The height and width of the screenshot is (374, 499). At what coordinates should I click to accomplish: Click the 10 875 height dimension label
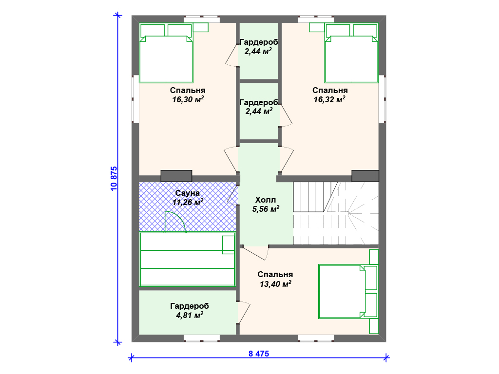pyautogui.click(x=114, y=178)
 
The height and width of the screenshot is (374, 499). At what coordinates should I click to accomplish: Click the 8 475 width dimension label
pyautogui.click(x=259, y=354)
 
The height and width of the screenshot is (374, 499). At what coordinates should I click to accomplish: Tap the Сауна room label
pyautogui.click(x=188, y=193)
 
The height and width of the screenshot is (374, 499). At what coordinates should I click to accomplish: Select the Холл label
pyautogui.click(x=266, y=200)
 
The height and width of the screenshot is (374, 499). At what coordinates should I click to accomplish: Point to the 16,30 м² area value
pyautogui.click(x=188, y=99)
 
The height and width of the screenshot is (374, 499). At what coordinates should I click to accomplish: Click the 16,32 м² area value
pyautogui.click(x=329, y=99)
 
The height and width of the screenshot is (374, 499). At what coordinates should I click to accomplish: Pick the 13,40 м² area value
pyautogui.click(x=275, y=284)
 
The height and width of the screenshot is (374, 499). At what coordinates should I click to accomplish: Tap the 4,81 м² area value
pyautogui.click(x=190, y=315)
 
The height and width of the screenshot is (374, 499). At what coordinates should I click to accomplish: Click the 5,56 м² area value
pyautogui.click(x=266, y=209)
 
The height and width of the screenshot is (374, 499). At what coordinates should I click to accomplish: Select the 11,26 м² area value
pyautogui.click(x=188, y=202)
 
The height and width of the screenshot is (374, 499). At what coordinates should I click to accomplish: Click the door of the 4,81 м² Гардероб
pyautogui.click(x=244, y=313)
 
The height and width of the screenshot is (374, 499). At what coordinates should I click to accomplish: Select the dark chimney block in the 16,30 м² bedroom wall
pyautogui.click(x=176, y=176)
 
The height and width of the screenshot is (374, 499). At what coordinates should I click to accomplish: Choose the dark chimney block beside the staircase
pyautogui.click(x=365, y=176)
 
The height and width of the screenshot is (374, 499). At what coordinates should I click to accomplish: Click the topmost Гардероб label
pyautogui.click(x=259, y=42)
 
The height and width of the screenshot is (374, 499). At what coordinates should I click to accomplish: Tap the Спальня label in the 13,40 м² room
pyautogui.click(x=275, y=275)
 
